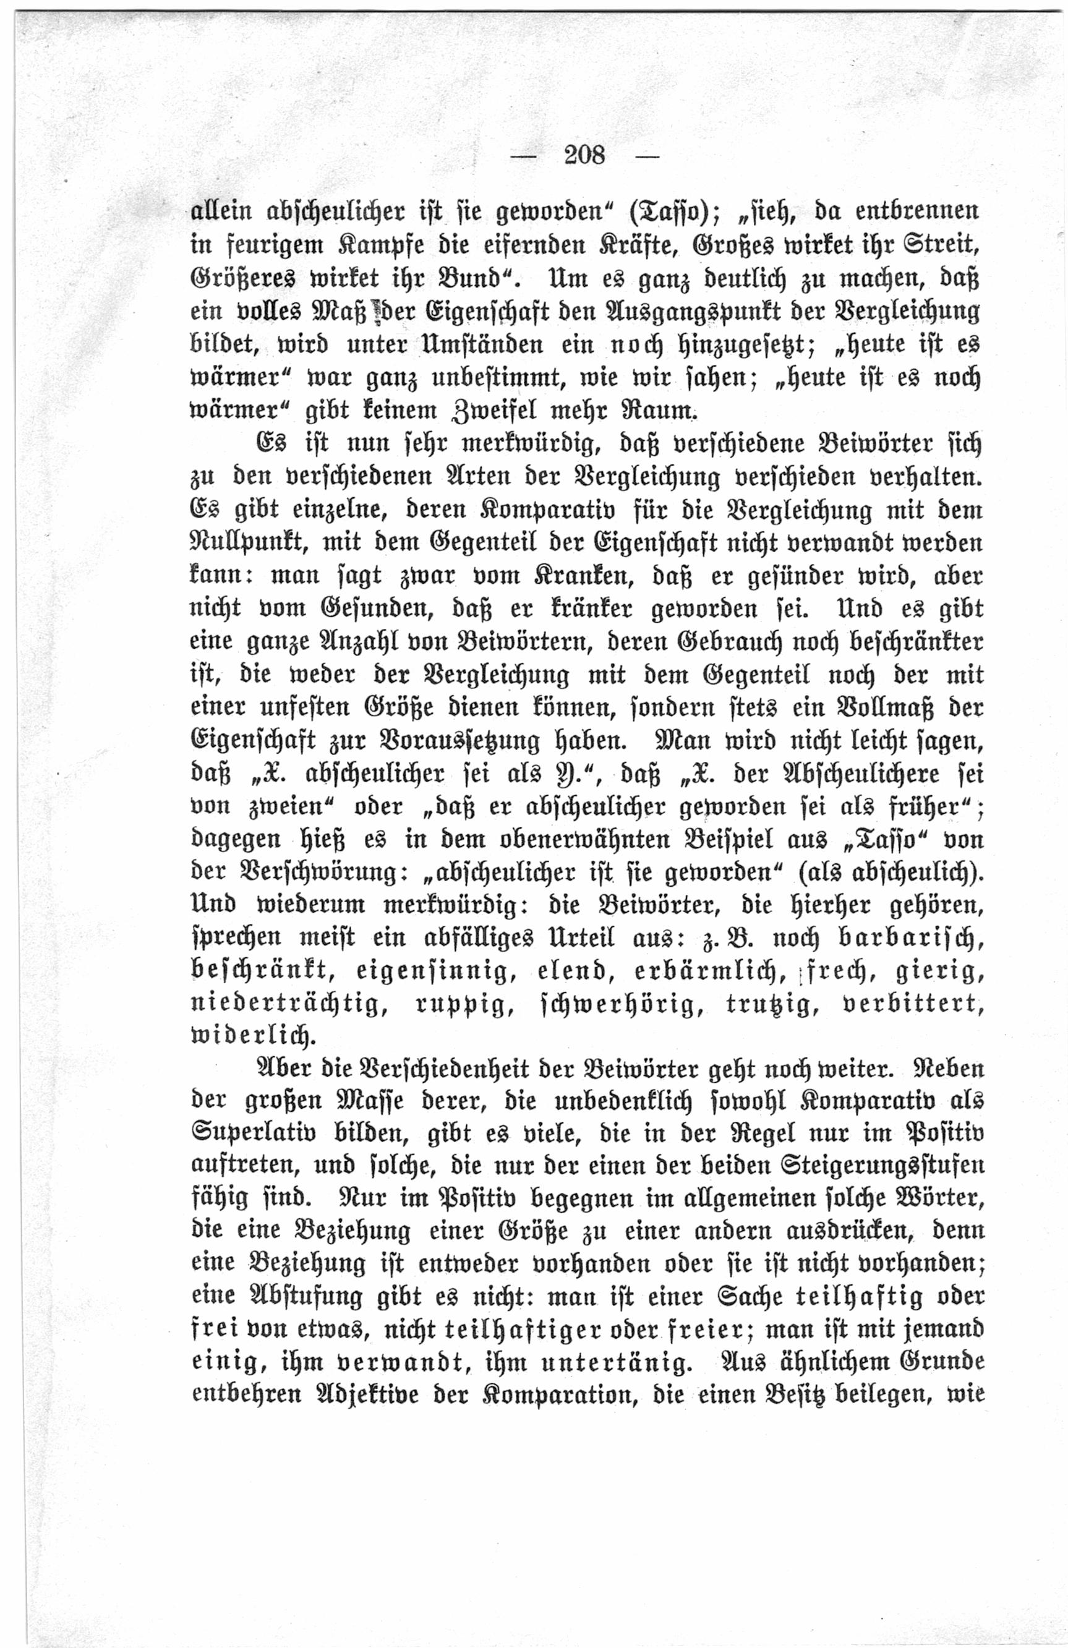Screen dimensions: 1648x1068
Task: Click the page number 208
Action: tap(584, 155)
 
